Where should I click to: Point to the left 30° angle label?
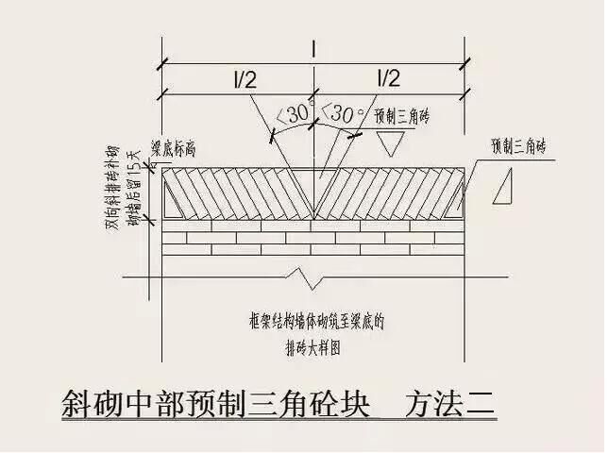294,113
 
